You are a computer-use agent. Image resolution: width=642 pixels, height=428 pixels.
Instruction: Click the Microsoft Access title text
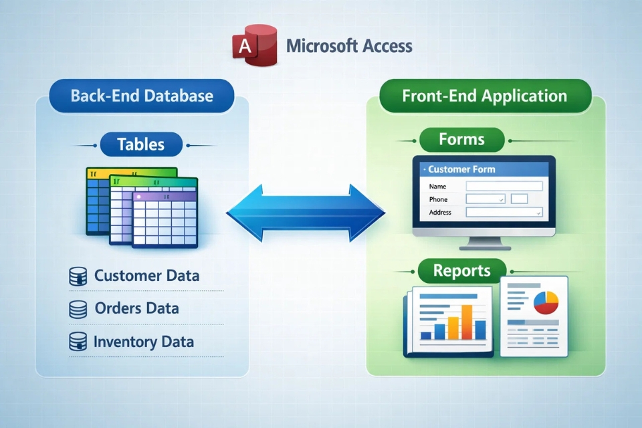[x=348, y=46]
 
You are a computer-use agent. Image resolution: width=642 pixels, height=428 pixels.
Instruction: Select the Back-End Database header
[x=142, y=96]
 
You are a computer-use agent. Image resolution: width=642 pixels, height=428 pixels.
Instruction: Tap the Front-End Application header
[x=484, y=96]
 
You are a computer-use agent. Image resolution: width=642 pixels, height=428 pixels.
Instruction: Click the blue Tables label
[x=140, y=144]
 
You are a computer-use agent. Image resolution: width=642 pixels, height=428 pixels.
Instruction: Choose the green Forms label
[x=461, y=140]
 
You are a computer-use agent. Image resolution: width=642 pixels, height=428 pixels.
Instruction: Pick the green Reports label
[x=461, y=271]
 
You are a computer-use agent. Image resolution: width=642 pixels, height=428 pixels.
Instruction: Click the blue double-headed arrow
[x=306, y=214]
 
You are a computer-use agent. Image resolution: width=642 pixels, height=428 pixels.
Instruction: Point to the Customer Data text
[x=146, y=276]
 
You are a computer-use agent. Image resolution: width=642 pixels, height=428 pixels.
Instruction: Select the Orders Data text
[x=136, y=308]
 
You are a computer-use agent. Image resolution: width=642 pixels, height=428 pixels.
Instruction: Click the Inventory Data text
[x=144, y=342]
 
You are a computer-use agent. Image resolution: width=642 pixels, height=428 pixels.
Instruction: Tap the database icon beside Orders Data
[x=78, y=309]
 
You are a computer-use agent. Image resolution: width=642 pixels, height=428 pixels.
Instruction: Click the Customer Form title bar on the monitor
[x=484, y=169]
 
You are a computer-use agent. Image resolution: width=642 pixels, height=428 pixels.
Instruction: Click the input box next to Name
[x=504, y=187]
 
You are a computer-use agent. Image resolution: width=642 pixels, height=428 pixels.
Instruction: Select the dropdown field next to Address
[x=504, y=213]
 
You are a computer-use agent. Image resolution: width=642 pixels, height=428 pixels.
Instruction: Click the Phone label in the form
[x=438, y=199]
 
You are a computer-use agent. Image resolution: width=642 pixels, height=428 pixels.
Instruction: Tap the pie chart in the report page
[x=546, y=302]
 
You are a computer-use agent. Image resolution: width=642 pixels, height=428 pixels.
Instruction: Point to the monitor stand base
[x=484, y=247]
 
